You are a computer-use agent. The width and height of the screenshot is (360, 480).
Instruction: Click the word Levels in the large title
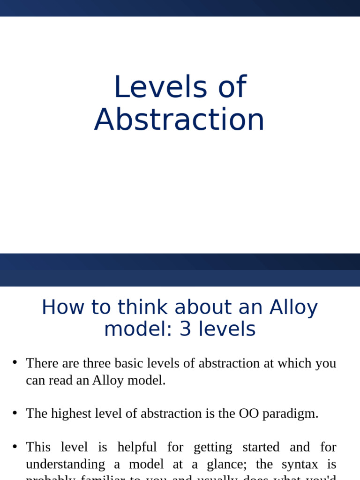pyautogui.click(x=160, y=87)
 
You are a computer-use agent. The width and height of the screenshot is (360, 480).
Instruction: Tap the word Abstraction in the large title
pyautogui.click(x=180, y=120)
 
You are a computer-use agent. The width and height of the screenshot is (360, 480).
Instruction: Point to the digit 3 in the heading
pyautogui.click(x=186, y=329)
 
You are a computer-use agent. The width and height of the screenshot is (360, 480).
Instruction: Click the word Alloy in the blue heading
pyautogui.click(x=293, y=307)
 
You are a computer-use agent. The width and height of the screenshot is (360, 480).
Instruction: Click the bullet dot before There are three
pyautogui.click(x=15, y=362)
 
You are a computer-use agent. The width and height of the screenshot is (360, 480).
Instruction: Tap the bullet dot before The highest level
pyautogui.click(x=15, y=412)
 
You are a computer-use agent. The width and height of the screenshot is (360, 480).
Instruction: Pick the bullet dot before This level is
pyautogui.click(x=15, y=446)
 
